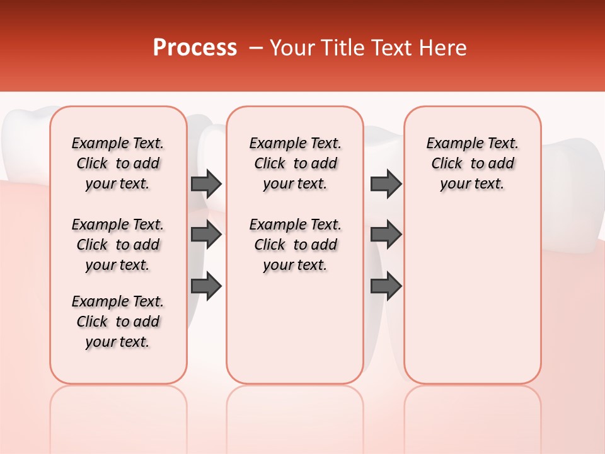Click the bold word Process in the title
point(195,48)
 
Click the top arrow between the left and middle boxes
point(206,183)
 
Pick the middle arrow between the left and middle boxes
point(206,235)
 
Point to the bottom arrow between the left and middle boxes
point(206,286)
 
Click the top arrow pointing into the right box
point(386,183)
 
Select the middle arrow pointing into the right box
point(386,235)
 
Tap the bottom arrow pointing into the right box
point(386,286)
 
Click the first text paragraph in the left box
point(118,163)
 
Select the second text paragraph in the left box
point(118,245)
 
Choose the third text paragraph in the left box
point(118,322)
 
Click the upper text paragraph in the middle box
point(295,163)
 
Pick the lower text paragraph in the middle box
point(295,245)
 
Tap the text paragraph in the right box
point(472,163)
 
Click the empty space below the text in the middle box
point(295,328)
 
